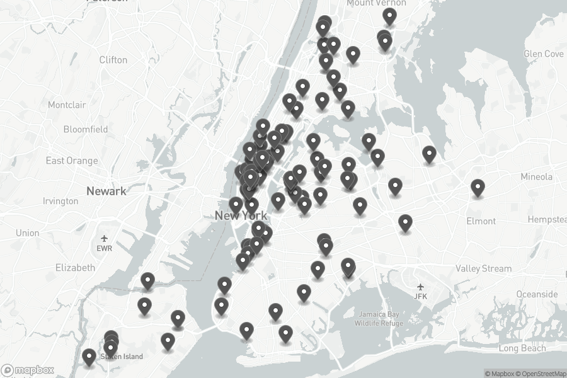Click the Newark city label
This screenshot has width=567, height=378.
point(106,191)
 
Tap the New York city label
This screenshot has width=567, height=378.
point(241,216)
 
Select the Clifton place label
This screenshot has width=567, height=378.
point(113,60)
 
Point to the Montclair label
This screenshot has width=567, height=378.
point(67,105)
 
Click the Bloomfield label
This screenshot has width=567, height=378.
point(86,129)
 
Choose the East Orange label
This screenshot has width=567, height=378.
point(72,161)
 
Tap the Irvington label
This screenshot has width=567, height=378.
point(60,201)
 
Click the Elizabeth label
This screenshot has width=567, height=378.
point(75,267)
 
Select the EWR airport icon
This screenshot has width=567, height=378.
point(104,239)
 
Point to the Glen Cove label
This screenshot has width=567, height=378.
point(544,54)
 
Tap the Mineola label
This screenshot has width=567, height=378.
point(536,177)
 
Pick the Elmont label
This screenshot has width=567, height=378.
point(481,221)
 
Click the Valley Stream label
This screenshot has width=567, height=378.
point(483,268)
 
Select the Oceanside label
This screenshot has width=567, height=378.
point(537,294)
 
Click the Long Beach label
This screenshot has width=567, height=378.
point(522,348)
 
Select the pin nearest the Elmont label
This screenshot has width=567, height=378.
point(478,188)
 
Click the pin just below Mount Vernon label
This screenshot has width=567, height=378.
point(389,16)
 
